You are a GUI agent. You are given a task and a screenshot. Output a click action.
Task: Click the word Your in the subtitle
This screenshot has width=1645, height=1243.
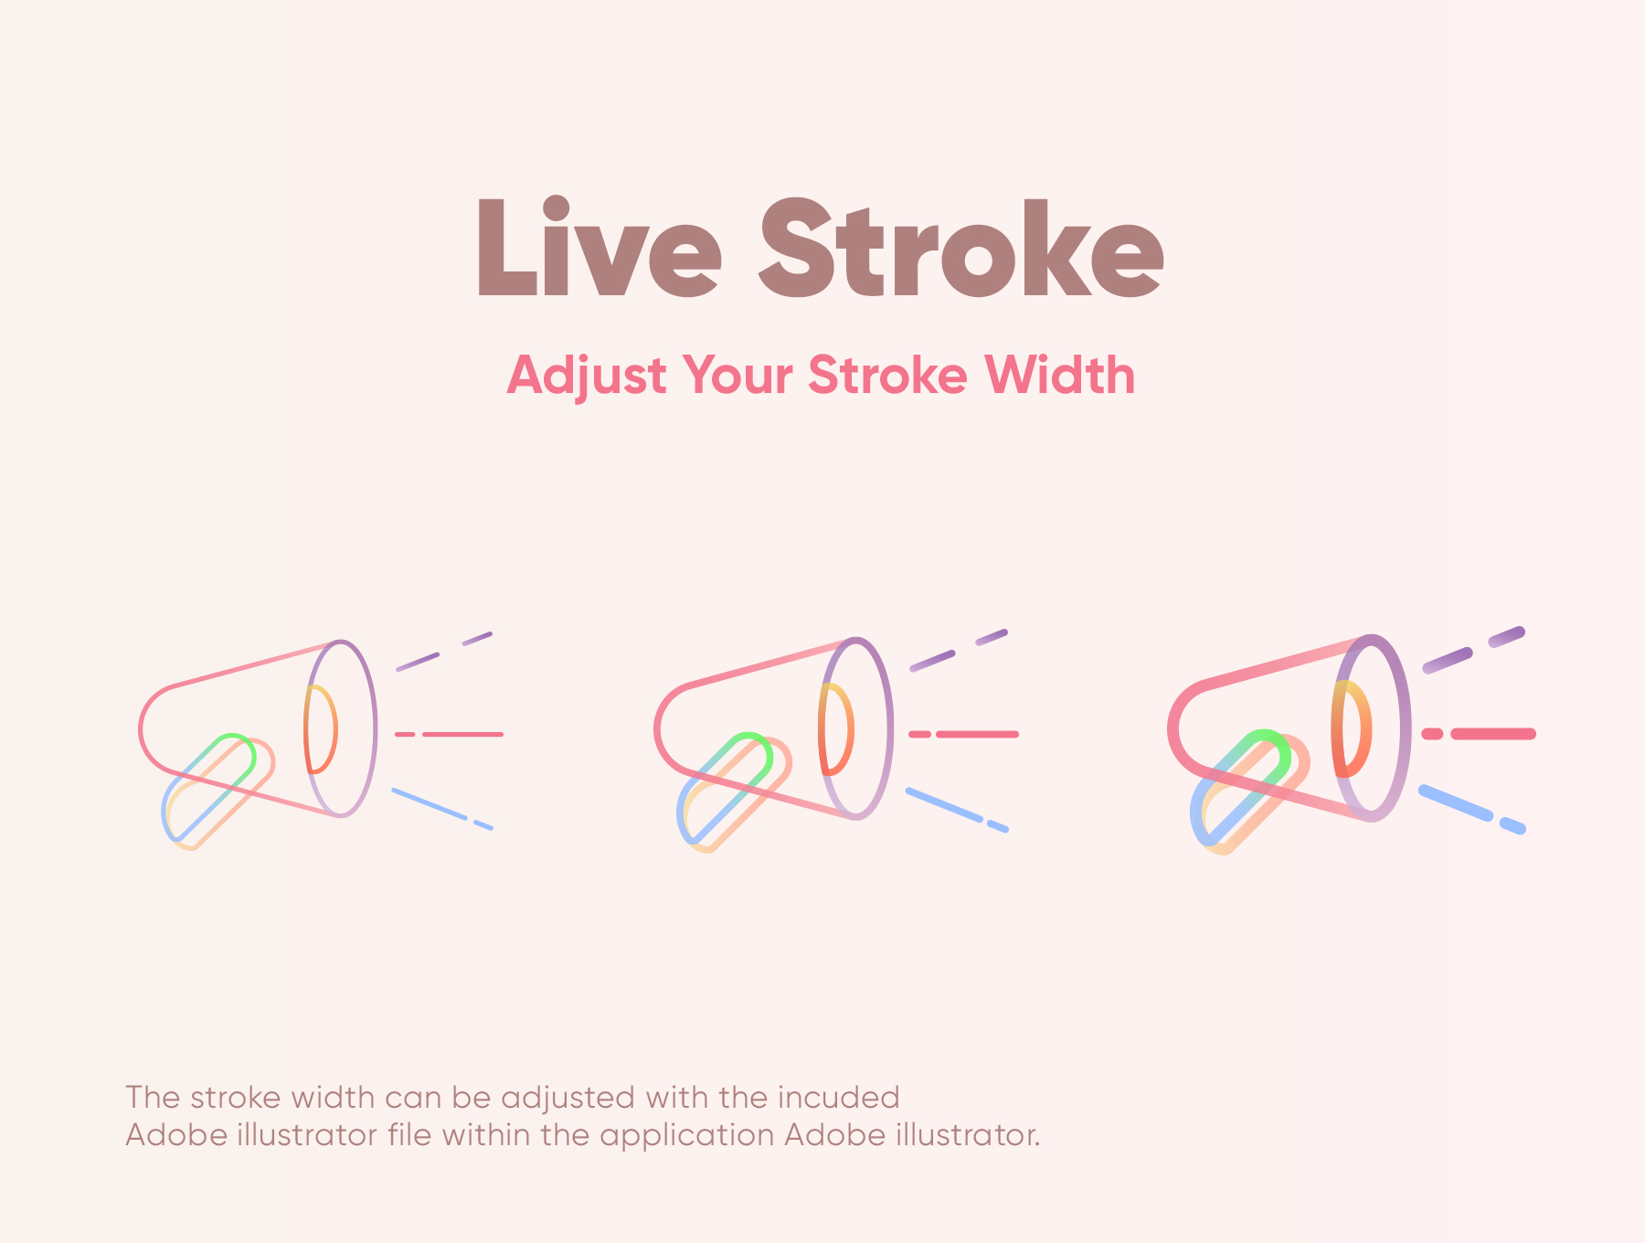point(738,377)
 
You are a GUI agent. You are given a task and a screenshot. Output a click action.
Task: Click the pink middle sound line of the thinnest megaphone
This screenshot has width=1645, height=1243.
point(462,734)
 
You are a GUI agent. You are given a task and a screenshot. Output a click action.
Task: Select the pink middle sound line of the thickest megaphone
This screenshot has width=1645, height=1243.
point(1493,733)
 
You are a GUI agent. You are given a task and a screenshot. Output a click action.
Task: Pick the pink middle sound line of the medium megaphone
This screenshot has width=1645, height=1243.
point(978,734)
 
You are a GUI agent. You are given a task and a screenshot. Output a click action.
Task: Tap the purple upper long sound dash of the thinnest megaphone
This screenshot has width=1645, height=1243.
point(418,662)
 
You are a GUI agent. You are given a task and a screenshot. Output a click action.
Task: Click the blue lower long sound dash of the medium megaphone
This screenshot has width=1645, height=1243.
point(944,803)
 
